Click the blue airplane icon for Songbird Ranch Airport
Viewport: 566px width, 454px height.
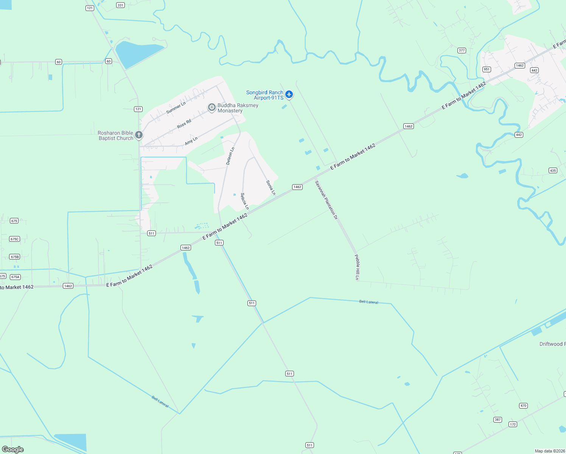[x=289, y=94]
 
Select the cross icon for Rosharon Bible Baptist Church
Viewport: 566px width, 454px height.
[x=139, y=135]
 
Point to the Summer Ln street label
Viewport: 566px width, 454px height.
[x=176, y=108]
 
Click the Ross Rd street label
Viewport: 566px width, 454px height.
[x=184, y=124]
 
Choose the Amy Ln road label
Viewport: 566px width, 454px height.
[x=191, y=141]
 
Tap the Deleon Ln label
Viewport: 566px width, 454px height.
[x=230, y=156]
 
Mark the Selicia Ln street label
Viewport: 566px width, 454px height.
[x=245, y=201]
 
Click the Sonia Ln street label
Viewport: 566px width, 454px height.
[x=271, y=188]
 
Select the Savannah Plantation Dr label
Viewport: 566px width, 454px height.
[x=326, y=200]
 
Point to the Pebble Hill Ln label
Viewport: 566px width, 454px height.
[x=357, y=267]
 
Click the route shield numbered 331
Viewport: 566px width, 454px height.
[x=120, y=5]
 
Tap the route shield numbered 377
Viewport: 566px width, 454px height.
[x=462, y=50]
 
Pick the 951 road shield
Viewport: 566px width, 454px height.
[x=487, y=69]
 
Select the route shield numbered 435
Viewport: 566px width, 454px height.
[x=553, y=171]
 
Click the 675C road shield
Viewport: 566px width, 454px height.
[x=14, y=239]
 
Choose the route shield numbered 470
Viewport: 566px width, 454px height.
[x=523, y=406]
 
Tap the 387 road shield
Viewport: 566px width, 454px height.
[x=498, y=420]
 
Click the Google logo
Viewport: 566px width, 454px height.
[x=13, y=449]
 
